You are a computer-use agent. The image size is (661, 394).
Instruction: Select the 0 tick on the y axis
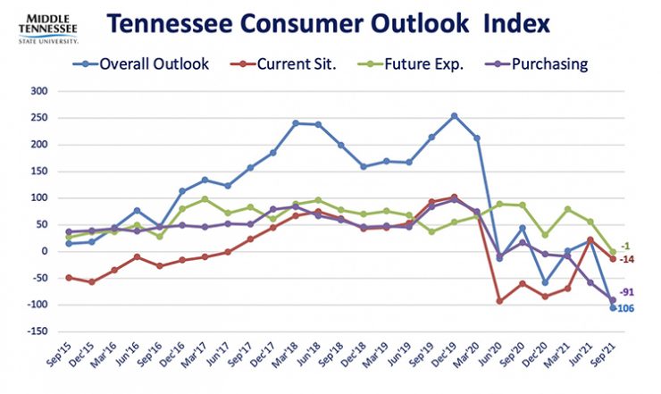(44, 251)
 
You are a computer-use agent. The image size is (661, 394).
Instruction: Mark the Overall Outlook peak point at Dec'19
(455, 115)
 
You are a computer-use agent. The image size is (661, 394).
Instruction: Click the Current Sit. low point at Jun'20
(500, 301)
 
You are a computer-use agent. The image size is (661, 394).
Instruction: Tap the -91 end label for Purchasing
(629, 292)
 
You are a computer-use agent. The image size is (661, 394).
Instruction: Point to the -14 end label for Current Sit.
(629, 259)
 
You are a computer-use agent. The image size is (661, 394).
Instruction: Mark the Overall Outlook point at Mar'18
(295, 123)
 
